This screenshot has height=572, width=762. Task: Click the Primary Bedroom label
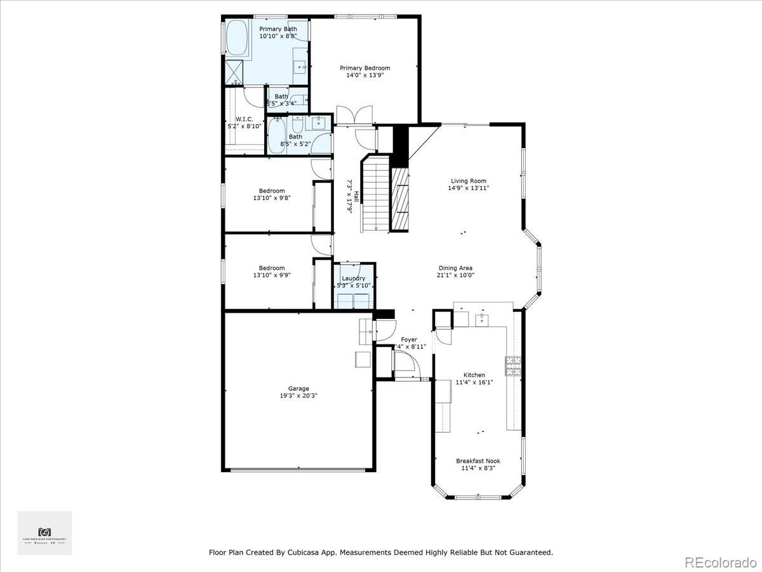point(364,68)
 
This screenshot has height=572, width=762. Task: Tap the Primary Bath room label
point(277,29)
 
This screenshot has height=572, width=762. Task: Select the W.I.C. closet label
point(244,119)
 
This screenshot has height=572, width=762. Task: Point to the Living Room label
point(469,181)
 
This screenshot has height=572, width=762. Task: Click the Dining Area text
point(455,268)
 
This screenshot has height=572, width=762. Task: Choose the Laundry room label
point(354,278)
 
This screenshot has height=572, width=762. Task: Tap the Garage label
point(298,388)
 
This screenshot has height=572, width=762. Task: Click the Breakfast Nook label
point(478,461)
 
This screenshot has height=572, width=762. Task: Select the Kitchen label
point(474,375)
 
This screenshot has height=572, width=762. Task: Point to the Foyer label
point(409,339)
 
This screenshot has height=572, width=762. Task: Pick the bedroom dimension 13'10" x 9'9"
point(272,275)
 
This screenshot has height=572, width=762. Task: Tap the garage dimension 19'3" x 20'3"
point(298,395)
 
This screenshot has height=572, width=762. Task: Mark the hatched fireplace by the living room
point(399,199)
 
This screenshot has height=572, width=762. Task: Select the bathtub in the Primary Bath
point(238,39)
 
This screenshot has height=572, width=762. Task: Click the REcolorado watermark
point(721,562)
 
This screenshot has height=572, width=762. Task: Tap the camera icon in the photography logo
point(44,531)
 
